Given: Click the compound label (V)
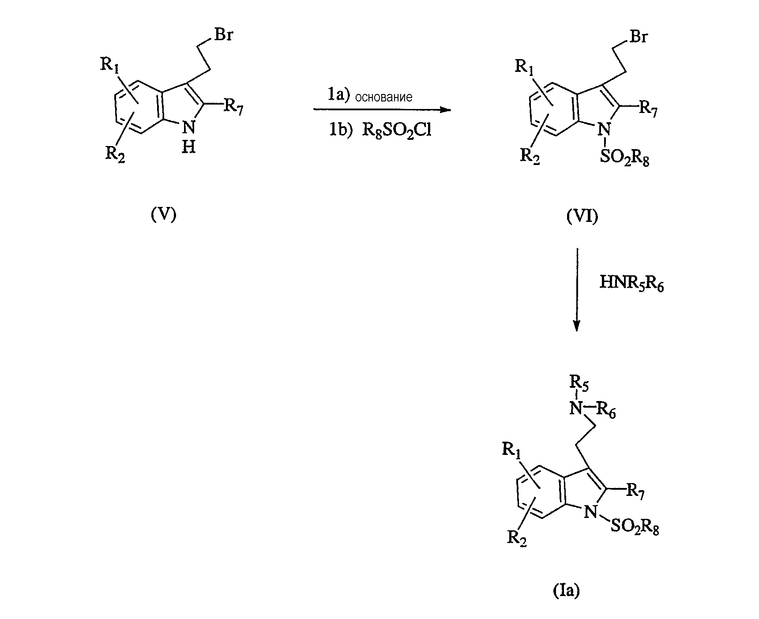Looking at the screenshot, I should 163,214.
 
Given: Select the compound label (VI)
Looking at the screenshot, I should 582,217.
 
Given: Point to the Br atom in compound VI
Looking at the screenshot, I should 638,37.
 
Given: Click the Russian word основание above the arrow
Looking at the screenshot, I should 383,98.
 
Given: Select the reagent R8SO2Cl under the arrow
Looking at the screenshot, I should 396,131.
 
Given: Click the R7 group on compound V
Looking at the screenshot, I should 233,107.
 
